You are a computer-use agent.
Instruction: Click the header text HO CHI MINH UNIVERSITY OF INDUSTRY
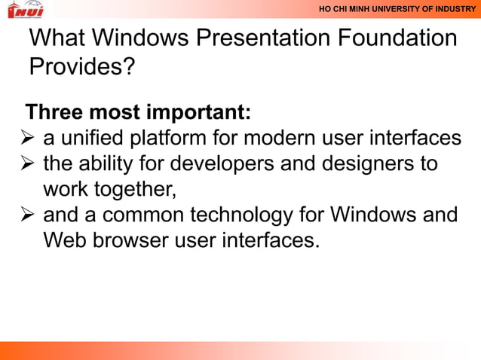point(397,9)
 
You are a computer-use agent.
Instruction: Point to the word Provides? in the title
point(82,67)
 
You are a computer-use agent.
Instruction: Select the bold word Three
point(55,114)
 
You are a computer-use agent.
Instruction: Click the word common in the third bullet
point(136,216)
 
